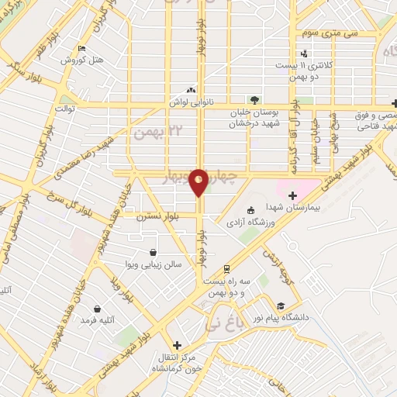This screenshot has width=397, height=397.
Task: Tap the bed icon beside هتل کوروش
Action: pyautogui.click(x=81, y=49)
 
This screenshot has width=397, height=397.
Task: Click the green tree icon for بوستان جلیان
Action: pyautogui.click(x=253, y=99)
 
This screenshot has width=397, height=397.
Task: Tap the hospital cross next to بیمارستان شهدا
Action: pyautogui.click(x=293, y=195)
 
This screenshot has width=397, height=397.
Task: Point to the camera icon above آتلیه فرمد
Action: pyautogui.click(x=97, y=309)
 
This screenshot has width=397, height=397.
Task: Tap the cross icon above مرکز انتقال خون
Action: pyautogui.click(x=177, y=346)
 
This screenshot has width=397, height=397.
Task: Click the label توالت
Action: pyautogui.click(x=64, y=109)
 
